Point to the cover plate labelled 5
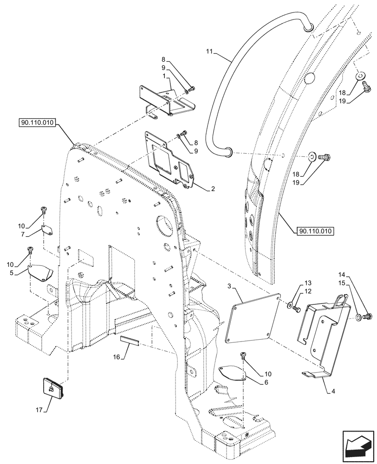(x=41, y=272)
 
